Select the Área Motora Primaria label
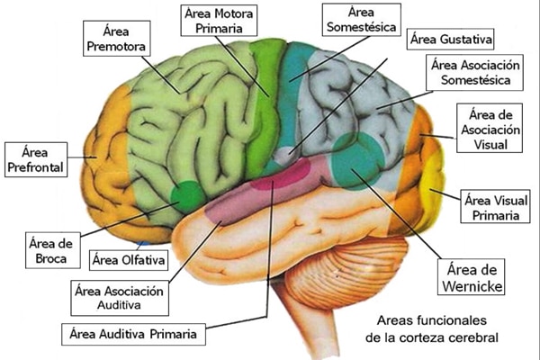coord(219,20)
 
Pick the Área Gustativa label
coord(449,40)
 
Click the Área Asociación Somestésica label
coord(476,72)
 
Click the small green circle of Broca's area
coord(188,194)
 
